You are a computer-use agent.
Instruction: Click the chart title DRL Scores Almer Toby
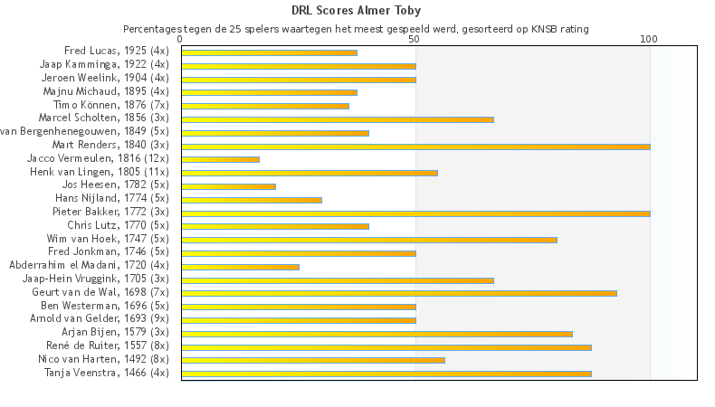(357, 11)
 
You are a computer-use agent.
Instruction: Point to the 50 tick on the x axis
(415, 40)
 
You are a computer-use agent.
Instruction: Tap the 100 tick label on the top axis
(649, 40)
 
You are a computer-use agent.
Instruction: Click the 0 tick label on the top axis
(181, 40)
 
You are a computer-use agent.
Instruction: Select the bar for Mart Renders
(415, 146)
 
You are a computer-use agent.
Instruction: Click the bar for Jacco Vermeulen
(220, 159)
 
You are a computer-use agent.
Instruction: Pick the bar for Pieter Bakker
(415, 213)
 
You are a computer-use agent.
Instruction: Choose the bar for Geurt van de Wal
(398, 293)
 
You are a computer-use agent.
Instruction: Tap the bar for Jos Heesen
(228, 185)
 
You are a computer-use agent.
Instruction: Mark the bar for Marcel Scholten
(338, 118)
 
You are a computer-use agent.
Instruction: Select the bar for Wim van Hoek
(368, 239)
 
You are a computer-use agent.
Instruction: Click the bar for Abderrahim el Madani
(240, 266)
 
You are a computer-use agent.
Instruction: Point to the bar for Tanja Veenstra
(386, 373)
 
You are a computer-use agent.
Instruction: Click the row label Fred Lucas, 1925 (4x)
(117, 51)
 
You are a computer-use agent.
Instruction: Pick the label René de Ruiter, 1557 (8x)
(108, 345)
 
